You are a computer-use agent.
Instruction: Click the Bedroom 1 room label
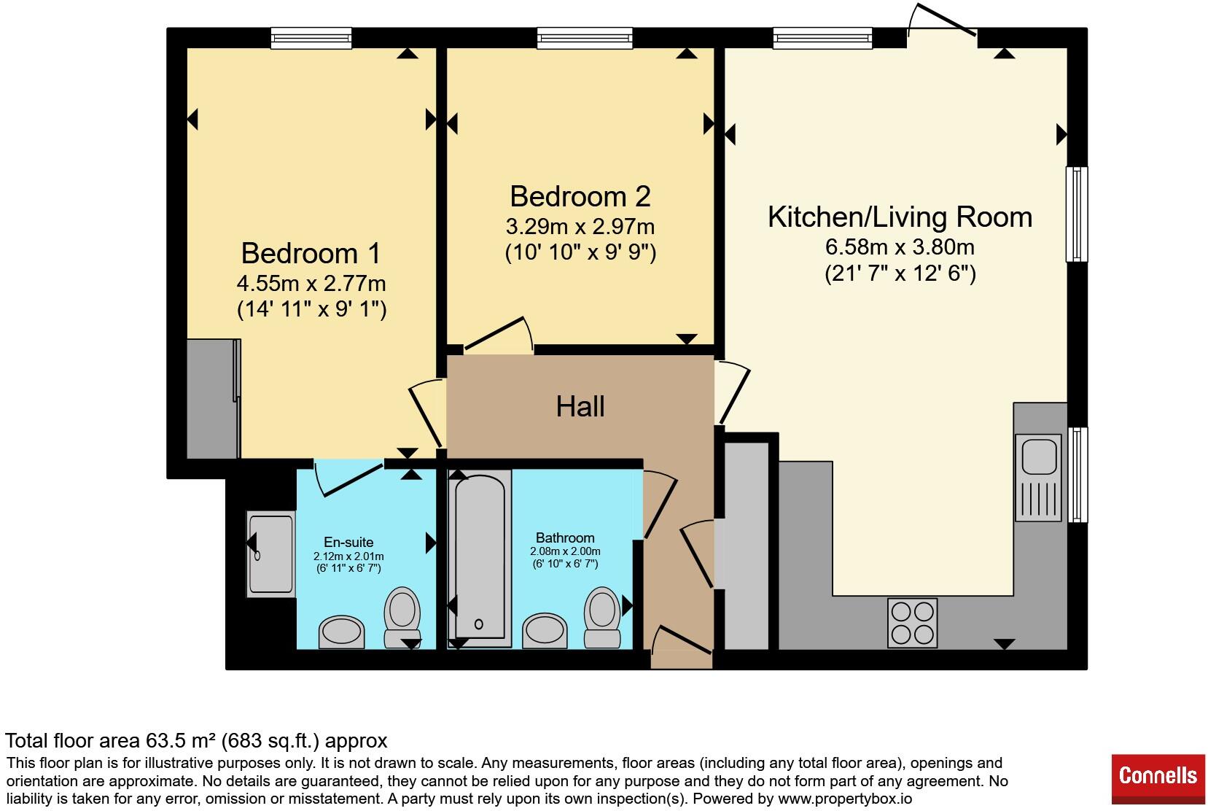pos(311,253)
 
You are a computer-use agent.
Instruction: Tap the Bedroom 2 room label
pos(580,196)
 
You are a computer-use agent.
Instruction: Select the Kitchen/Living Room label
pos(900,217)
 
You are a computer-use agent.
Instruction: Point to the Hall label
pos(580,406)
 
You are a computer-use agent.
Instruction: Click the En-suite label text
pos(348,543)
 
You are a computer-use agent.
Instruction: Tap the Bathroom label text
pos(565,538)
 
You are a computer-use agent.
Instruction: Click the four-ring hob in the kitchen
pos(913,624)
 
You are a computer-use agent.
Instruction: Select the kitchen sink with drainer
pos(1038,478)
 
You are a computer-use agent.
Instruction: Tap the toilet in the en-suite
pos(402,617)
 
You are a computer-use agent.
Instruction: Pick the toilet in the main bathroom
pos(602,617)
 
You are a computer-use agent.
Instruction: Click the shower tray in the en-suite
pos(270,554)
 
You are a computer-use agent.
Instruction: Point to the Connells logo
pos(1158,779)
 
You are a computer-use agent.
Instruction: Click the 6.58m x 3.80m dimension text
pos(900,247)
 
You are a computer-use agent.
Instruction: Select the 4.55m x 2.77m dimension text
pos(311,283)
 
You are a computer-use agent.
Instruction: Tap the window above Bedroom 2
pos(585,39)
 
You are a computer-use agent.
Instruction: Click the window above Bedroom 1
pos(311,39)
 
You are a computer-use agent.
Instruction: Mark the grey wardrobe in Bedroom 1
pos(214,399)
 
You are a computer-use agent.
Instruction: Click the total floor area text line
pos(196,741)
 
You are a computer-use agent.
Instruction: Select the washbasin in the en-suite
pos(342,632)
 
